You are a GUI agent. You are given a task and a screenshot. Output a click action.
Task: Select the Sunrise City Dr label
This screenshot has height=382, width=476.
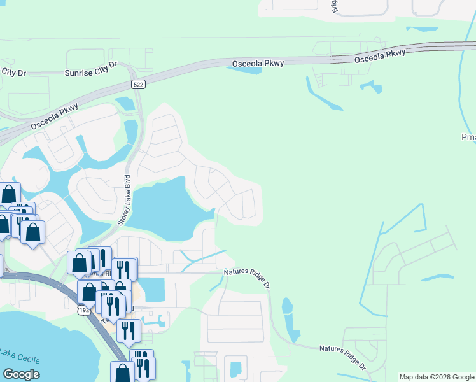92,69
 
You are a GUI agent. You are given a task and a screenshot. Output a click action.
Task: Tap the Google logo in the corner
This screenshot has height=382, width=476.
21,374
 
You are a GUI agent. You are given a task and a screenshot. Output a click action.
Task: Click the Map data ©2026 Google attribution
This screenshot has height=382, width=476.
437,377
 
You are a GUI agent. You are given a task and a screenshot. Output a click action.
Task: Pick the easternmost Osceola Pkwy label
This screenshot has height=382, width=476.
379,55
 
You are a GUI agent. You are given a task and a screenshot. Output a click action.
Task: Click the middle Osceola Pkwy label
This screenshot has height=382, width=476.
257,63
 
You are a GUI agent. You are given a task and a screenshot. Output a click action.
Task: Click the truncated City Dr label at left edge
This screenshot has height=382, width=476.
13,73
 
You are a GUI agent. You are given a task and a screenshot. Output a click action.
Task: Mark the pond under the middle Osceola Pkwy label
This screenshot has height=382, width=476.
245,69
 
